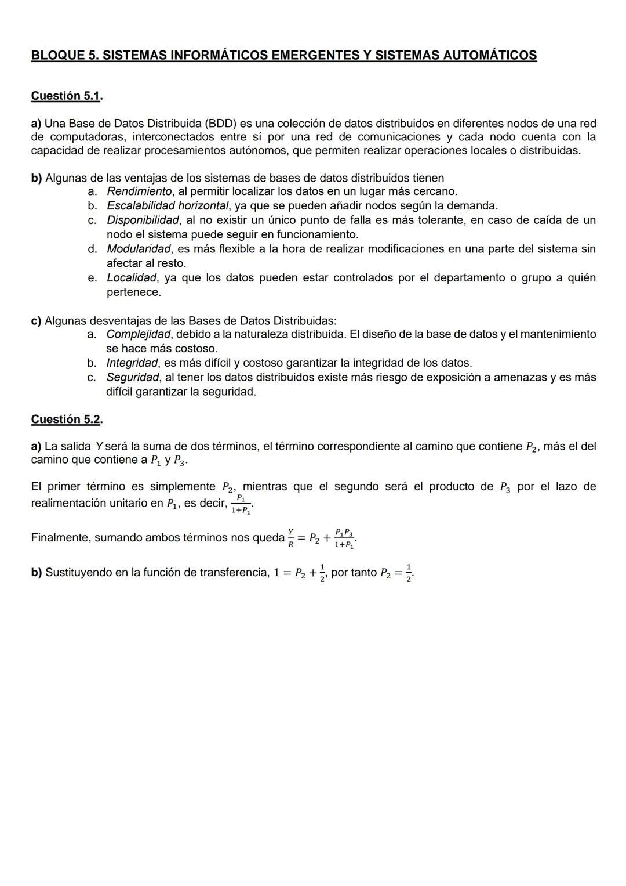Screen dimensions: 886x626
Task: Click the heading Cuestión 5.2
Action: point(66,419)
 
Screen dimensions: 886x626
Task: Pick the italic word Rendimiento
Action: point(140,191)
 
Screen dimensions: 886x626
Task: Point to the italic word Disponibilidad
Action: point(143,220)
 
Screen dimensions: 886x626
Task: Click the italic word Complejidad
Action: point(139,334)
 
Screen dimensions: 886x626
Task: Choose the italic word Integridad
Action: point(132,363)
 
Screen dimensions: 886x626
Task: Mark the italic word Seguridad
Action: point(132,378)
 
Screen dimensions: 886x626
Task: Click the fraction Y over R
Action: point(291,538)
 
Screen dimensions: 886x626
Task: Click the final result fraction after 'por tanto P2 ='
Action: point(409,573)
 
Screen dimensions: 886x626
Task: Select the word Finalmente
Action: point(60,538)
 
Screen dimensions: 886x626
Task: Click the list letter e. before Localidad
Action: point(92,278)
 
